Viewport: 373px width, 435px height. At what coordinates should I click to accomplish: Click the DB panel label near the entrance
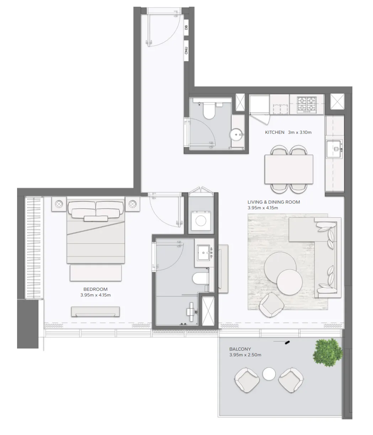[x=186, y=27]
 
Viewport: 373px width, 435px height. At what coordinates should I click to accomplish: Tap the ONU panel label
[x=186, y=51]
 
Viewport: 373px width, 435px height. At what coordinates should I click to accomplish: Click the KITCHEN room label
[x=275, y=132]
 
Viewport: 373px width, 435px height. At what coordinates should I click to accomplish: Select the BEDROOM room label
[x=95, y=289]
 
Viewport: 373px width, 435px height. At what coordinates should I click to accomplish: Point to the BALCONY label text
[x=240, y=349]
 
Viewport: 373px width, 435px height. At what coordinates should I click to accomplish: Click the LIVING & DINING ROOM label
[x=274, y=202]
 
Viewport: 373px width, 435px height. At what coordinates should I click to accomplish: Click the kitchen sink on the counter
[x=334, y=149]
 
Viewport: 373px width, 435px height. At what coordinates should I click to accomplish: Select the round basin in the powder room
[x=236, y=134]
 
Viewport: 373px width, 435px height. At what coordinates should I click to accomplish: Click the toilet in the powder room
[x=209, y=110]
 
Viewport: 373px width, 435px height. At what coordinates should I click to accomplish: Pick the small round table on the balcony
[x=269, y=374]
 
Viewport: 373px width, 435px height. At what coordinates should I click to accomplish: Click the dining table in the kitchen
[x=289, y=169]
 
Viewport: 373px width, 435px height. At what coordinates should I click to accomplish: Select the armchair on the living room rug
[x=271, y=305]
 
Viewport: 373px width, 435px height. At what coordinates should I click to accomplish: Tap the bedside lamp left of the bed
[x=59, y=204]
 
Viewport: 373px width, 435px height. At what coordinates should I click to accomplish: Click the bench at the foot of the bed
[x=96, y=273]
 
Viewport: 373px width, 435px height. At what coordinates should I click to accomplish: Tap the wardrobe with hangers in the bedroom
[x=34, y=248]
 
